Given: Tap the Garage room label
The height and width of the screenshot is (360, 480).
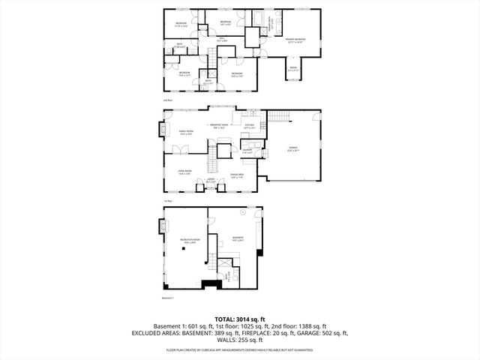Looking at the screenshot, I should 293,149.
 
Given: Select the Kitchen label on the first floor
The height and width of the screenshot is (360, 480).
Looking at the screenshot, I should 250,126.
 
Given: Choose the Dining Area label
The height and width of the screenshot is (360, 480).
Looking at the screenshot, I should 237,175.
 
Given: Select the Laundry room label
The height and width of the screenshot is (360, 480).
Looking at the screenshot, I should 246,151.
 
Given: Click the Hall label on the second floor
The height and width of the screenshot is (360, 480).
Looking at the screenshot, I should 223,38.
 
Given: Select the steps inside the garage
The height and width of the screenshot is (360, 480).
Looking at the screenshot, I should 277,115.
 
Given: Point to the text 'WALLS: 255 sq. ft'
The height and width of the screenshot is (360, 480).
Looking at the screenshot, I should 240,339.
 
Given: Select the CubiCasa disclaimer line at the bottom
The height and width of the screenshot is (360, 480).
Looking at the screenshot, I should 240,349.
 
